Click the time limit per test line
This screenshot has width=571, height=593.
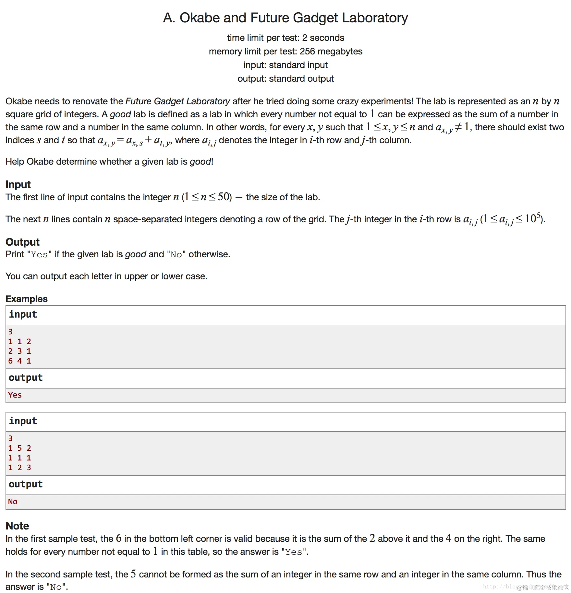pyautogui.click(x=285, y=38)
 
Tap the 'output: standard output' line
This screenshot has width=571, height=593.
pyautogui.click(x=285, y=79)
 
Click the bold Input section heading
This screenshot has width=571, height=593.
pyautogui.click(x=18, y=184)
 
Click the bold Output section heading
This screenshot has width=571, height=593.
pyautogui.click(x=22, y=242)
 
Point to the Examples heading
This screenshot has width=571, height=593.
pyautogui.click(x=27, y=299)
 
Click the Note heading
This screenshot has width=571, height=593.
pyautogui.click(x=17, y=526)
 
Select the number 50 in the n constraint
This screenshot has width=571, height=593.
pyautogui.click(x=224, y=197)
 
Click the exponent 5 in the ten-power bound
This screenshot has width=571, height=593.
pyautogui.click(x=539, y=215)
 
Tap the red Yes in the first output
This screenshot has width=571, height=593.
pyautogui.click(x=15, y=395)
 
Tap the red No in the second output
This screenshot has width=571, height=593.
pyautogui.click(x=13, y=502)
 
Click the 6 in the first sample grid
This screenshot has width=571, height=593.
pyautogui.click(x=10, y=361)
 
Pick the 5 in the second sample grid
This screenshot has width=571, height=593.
pyautogui.click(x=20, y=448)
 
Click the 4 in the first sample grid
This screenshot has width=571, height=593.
pyautogui.click(x=20, y=361)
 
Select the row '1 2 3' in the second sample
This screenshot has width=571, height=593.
pyautogui.click(x=20, y=468)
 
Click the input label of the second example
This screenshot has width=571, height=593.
pyautogui.click(x=23, y=421)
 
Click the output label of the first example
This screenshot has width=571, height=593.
pyautogui.click(x=26, y=378)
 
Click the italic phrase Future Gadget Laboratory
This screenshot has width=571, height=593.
pyautogui.click(x=177, y=101)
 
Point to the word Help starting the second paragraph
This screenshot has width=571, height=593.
pyautogui.click(x=15, y=162)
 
